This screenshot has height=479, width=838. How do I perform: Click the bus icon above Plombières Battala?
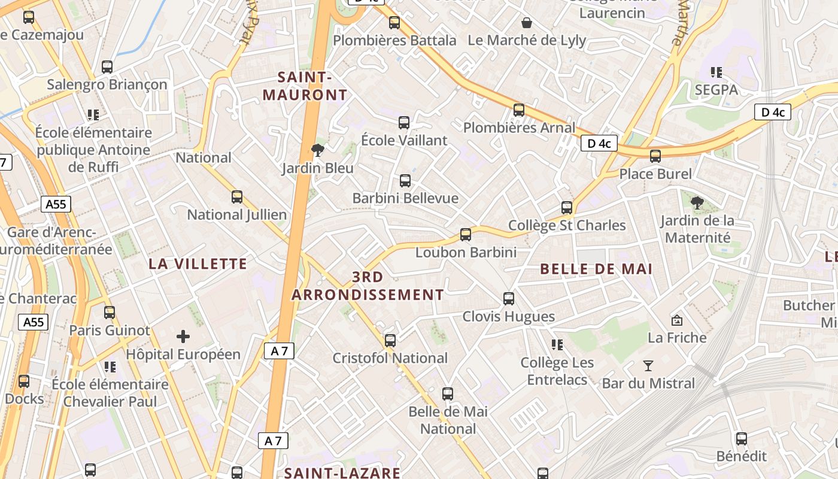[394, 23]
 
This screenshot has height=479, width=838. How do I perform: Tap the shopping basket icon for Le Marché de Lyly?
[527, 23]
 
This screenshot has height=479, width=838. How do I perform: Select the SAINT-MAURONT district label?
[305, 86]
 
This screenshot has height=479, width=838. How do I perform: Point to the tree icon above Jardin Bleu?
[318, 150]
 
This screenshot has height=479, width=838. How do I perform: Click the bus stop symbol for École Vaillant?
[404, 123]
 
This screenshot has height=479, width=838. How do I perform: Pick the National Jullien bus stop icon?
[237, 196]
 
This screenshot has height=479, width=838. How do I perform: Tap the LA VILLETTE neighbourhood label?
[198, 264]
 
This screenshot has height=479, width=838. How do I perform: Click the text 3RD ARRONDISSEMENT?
[368, 286]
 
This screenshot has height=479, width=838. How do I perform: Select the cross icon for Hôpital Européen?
[183, 336]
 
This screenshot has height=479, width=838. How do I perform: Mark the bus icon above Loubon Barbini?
[466, 234]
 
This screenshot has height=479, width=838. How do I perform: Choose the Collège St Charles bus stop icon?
[567, 208]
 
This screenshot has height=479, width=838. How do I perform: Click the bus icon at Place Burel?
[655, 156]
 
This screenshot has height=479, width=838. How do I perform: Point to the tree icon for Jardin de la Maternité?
[697, 202]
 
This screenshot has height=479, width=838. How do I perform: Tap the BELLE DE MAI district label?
[596, 269]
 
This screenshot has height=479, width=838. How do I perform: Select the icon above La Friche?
[678, 320]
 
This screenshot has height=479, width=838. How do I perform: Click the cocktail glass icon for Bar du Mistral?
[648, 365]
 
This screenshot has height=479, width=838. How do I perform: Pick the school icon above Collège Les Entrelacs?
[557, 344]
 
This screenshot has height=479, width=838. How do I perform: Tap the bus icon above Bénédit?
[742, 438]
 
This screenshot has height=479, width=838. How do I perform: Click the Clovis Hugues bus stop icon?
[509, 298]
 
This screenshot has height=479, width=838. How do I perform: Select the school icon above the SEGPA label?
[716, 72]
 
